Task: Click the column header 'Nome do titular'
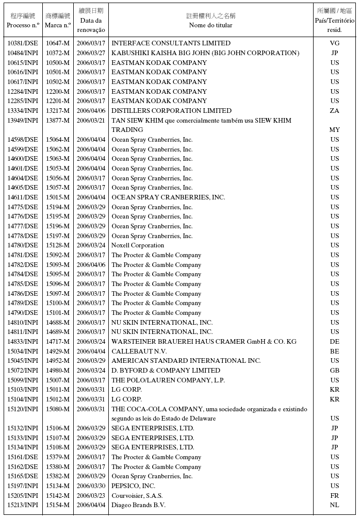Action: (x=210, y=25)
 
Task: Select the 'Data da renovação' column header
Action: (x=91, y=25)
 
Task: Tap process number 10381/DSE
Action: (x=23, y=43)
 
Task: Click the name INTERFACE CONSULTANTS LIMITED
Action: (x=171, y=43)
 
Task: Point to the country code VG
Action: (x=335, y=43)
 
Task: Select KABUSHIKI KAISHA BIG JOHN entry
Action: (x=205, y=53)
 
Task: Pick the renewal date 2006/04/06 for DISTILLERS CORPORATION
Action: (x=91, y=111)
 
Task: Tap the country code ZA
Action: (x=335, y=111)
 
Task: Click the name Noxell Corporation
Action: (x=138, y=245)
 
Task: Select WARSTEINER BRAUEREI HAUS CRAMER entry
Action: (x=204, y=342)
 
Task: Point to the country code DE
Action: (x=335, y=342)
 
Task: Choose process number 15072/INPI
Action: (x=23, y=371)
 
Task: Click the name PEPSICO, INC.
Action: (x=133, y=486)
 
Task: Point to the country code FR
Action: (x=335, y=495)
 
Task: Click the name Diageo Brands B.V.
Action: (x=138, y=505)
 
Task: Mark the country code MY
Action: (x=335, y=130)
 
